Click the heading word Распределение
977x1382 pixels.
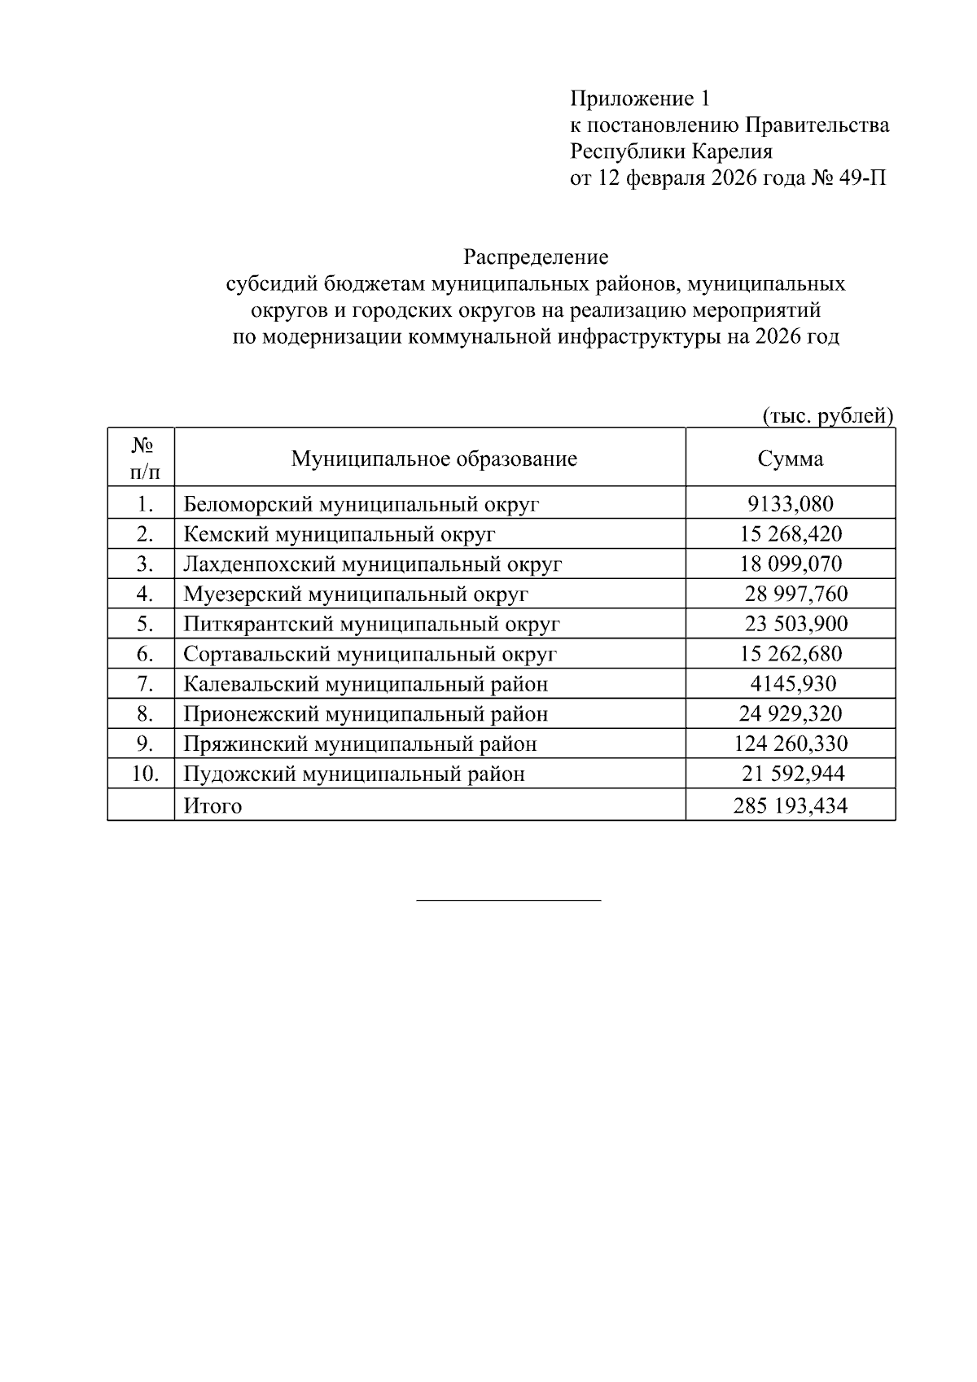point(536,258)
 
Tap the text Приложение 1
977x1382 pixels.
point(639,99)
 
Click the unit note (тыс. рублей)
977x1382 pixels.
point(827,416)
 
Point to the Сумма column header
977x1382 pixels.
point(790,458)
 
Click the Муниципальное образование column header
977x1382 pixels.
point(434,458)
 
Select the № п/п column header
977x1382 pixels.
point(142,458)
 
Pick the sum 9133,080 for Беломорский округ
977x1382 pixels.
point(790,504)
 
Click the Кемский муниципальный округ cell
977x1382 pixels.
point(340,534)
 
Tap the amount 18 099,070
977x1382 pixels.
point(790,564)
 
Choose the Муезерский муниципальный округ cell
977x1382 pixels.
point(356,594)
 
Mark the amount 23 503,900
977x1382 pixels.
point(795,625)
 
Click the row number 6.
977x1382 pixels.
point(145,654)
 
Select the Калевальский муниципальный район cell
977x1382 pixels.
point(366,684)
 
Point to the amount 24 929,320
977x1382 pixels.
point(790,714)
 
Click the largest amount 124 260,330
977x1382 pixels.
point(790,744)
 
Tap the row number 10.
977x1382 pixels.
point(145,774)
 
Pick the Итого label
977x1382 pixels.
point(212,806)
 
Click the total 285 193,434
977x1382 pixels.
point(790,806)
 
